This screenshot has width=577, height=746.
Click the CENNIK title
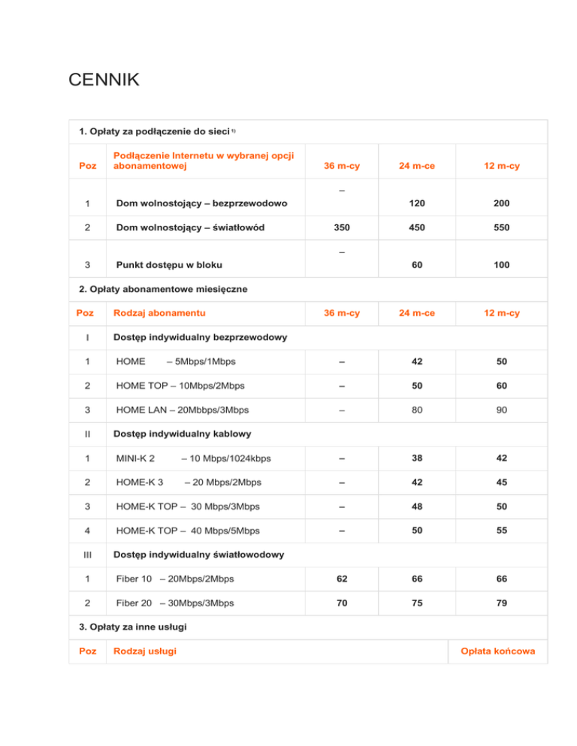tap(103, 80)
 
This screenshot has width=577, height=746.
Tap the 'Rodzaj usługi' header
tap(145, 651)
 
